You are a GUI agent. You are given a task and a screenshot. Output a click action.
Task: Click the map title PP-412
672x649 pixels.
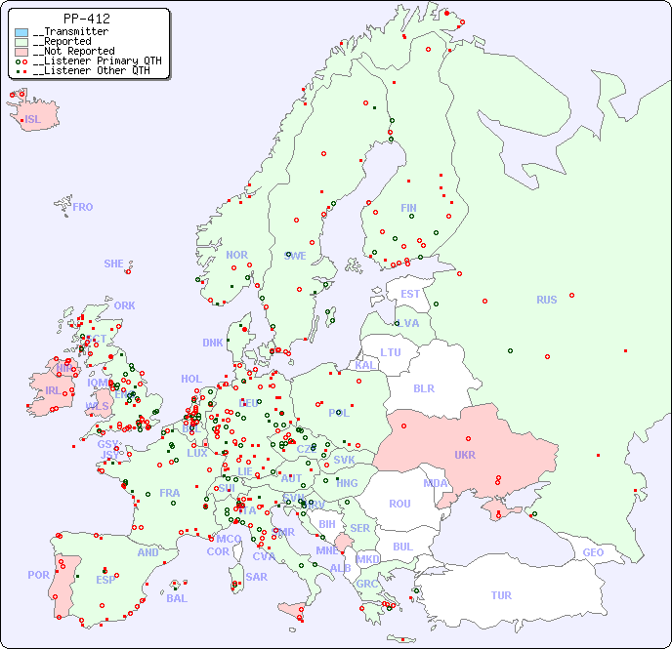[x=86, y=19]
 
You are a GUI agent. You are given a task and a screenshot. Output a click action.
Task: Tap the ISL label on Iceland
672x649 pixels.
[x=33, y=120]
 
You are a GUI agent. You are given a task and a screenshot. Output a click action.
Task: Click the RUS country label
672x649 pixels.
[x=546, y=300]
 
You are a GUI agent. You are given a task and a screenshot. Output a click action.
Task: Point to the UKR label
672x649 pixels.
[x=465, y=455]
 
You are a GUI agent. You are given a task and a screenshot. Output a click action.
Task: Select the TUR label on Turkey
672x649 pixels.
[x=501, y=595]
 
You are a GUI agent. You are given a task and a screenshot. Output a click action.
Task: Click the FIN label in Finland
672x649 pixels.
[x=408, y=208]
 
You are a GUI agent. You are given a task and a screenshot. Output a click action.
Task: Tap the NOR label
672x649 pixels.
[x=236, y=255]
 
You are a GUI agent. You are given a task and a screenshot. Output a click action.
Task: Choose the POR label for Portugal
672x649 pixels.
[x=38, y=575]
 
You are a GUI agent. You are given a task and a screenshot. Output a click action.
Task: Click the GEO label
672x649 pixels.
[x=593, y=552]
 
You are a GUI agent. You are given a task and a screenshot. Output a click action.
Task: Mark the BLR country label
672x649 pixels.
[x=423, y=387]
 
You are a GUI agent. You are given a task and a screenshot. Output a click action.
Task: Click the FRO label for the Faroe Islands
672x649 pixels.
[x=82, y=207]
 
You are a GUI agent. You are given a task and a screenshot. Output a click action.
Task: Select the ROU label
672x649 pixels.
[x=399, y=504]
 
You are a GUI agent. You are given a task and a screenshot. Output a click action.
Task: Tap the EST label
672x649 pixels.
[x=410, y=294]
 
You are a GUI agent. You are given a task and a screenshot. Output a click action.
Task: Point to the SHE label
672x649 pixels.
[x=113, y=264]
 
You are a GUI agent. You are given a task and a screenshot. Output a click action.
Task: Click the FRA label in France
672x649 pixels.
[x=170, y=493]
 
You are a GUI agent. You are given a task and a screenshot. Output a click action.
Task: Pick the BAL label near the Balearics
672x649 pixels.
[x=176, y=598]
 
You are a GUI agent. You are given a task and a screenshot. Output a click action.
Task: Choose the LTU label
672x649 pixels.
[x=391, y=352]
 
